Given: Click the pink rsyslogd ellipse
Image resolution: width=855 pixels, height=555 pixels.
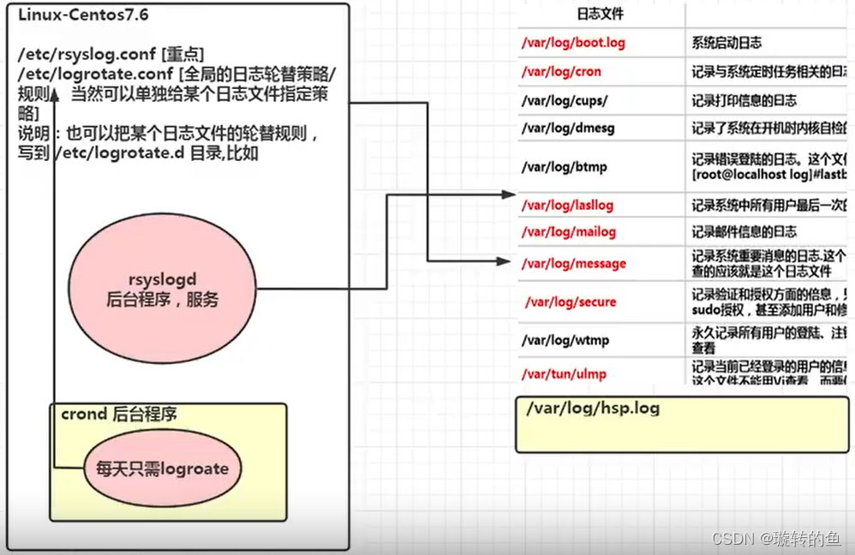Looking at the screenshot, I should click(x=163, y=289).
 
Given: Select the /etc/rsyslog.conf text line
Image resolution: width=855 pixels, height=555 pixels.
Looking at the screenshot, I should click(x=111, y=55).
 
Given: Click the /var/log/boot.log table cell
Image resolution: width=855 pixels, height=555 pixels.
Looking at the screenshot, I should click(x=573, y=42).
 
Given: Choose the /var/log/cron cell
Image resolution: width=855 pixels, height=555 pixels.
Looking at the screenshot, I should click(x=562, y=72).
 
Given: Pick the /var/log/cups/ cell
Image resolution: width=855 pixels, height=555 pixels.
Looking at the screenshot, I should click(x=565, y=100).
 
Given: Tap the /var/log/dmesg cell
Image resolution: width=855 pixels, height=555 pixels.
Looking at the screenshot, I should click(x=568, y=128).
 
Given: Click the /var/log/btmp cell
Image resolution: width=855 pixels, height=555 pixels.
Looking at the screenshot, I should click(x=565, y=166).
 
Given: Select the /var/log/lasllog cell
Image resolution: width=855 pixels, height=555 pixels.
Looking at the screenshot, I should click(x=568, y=206).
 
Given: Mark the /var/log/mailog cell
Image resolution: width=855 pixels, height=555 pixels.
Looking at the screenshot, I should click(x=569, y=232).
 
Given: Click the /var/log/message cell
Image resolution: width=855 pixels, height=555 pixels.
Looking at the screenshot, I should click(x=574, y=264).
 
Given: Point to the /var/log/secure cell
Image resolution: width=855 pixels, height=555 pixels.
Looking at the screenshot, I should click(x=571, y=301).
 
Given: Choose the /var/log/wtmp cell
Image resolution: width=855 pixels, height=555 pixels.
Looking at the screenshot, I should click(x=566, y=340).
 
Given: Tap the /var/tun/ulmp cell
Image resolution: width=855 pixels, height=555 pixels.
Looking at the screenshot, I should click(x=564, y=373).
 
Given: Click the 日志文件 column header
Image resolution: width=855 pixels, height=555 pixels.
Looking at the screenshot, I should click(x=601, y=14).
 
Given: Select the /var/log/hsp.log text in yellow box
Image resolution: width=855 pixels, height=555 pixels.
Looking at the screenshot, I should click(x=593, y=408).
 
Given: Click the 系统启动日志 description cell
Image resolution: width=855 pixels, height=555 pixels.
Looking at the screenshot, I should click(x=726, y=42).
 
